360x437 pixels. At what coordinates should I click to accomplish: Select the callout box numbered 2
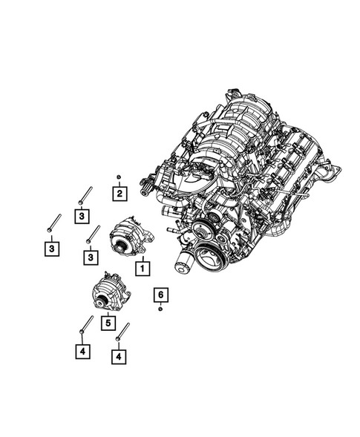pyautogui.click(x=119, y=194)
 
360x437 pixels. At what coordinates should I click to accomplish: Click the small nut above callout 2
pyautogui.click(x=119, y=177)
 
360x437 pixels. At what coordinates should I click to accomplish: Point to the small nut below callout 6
pyautogui.click(x=160, y=309)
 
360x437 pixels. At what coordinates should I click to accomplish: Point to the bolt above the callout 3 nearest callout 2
pyautogui.click(x=83, y=194)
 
